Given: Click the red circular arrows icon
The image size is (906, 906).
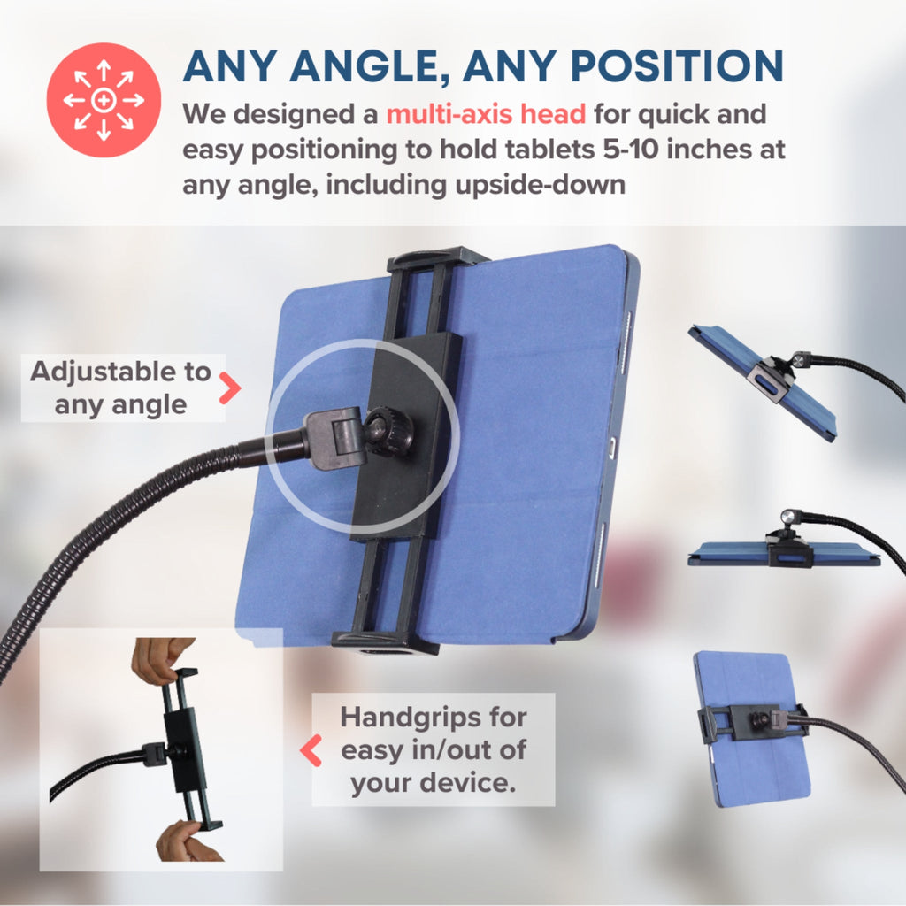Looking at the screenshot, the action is pos(104,100).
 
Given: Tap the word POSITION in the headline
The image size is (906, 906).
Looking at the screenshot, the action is pos(677,65).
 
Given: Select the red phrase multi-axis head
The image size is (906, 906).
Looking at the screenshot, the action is pos(486,114).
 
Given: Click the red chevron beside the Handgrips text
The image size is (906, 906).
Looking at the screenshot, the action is pos(311,750).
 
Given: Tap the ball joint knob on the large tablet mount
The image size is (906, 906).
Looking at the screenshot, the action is pos(384,432).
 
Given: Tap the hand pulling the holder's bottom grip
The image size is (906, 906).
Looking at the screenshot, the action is pos(186,841).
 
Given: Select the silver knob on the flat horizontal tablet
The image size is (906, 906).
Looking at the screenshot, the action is pos(787,517).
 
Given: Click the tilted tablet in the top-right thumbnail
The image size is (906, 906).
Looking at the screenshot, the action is pos(763,381).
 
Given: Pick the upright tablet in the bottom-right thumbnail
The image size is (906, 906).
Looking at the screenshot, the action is pos(751,729).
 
